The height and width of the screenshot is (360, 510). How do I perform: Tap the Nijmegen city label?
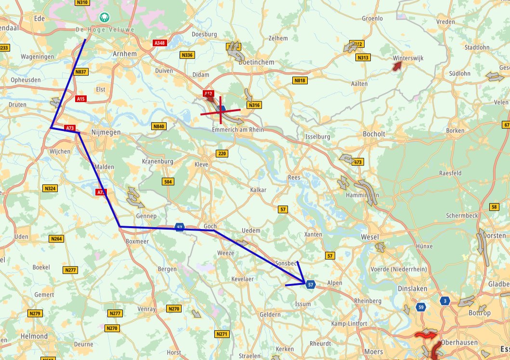pyautogui.click(x=105, y=132)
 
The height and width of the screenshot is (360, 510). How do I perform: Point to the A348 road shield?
pyautogui.click(x=159, y=43)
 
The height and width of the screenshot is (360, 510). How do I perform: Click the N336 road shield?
pyautogui.click(x=187, y=55)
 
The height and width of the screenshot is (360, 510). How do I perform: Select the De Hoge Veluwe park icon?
pyautogui.click(x=104, y=18)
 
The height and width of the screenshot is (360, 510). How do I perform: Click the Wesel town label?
pyautogui.click(x=369, y=237)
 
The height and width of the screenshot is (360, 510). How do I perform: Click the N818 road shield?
pyautogui.click(x=300, y=80)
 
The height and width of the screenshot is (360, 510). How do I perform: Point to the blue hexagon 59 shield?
pyautogui.click(x=421, y=307)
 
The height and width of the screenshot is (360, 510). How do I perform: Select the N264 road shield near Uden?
pyautogui.click(x=56, y=239)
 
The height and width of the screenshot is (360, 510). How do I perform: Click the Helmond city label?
pyautogui.click(x=34, y=335)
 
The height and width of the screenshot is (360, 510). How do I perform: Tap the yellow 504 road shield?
pyautogui.click(x=168, y=181)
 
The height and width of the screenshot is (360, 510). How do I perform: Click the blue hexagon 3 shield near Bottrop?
pyautogui.click(x=445, y=301)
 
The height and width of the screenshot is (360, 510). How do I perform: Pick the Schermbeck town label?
pyautogui.click(x=462, y=215)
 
